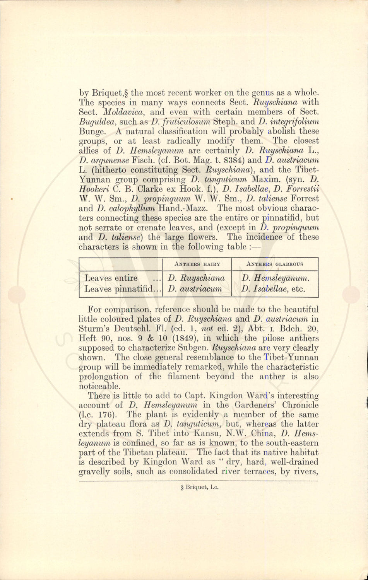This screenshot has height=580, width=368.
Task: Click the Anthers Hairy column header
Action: click(197, 264)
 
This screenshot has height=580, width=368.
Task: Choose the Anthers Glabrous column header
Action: click(275, 264)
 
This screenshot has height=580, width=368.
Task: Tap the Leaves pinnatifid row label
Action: click(120, 288)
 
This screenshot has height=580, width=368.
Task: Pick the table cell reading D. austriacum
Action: click(195, 288)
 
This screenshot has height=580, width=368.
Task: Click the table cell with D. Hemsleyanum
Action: click(275, 278)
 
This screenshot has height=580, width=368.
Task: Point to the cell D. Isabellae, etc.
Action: click(273, 288)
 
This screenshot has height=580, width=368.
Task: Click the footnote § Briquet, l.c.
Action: click(197, 487)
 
